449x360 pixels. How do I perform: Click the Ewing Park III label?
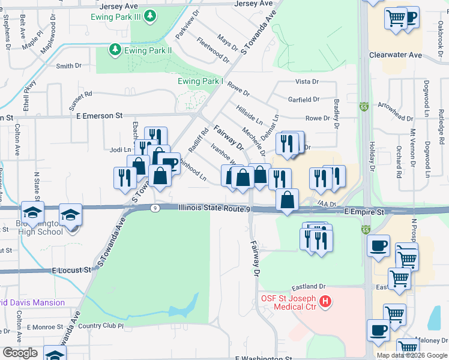(116, 16)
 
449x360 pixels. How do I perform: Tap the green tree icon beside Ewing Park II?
(115, 50)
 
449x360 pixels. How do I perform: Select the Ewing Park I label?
(200, 81)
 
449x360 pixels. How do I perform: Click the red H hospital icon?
(325, 302)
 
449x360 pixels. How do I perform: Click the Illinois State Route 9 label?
(214, 208)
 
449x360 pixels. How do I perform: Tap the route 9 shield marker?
(155, 208)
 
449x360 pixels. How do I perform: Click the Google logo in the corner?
(20, 353)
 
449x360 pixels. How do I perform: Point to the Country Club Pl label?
(100, 326)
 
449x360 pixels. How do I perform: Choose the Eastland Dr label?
(308, 287)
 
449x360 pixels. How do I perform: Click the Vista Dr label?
(306, 81)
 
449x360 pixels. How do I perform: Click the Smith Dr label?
(68, 67)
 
